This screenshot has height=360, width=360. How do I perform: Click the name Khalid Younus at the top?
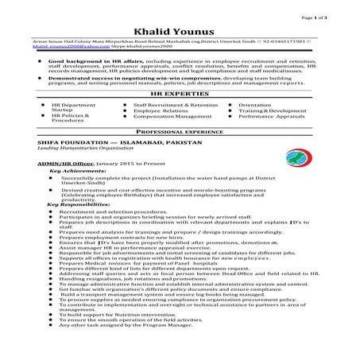pos(180,27)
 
